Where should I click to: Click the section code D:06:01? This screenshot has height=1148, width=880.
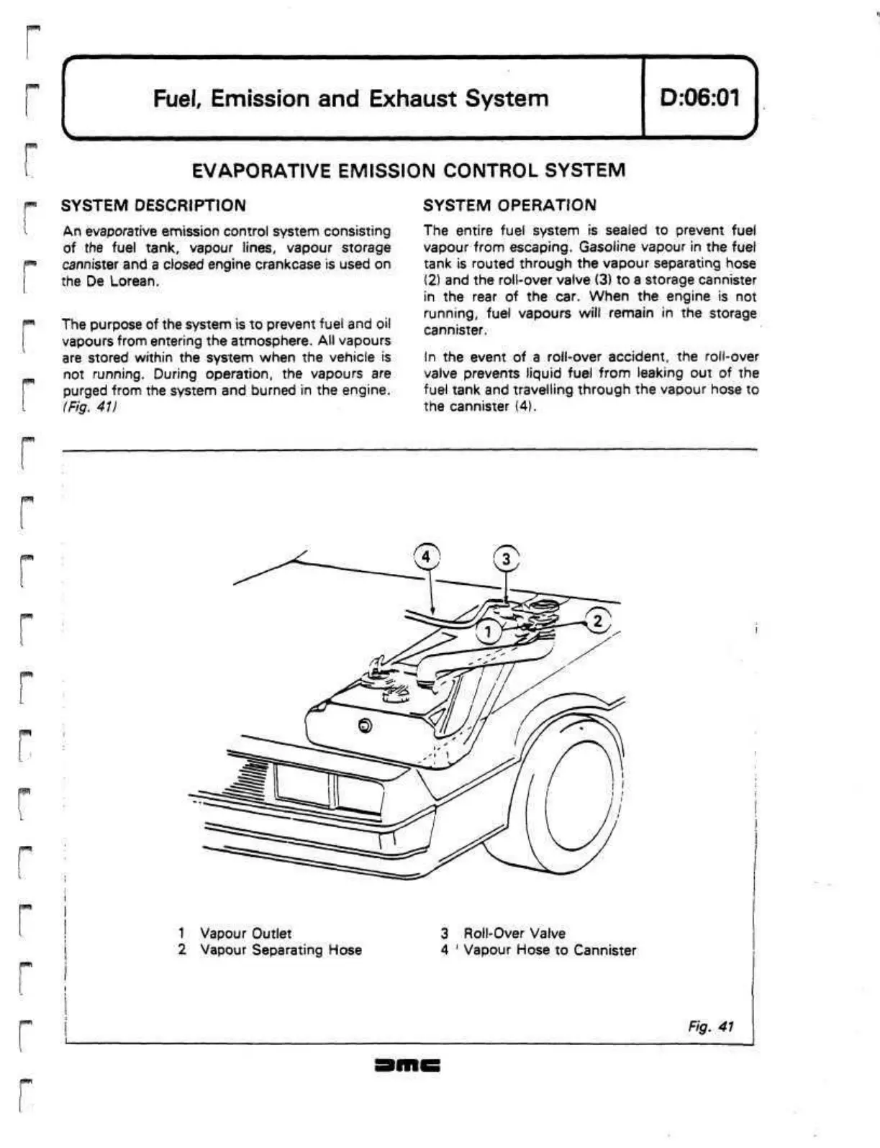pos(699,97)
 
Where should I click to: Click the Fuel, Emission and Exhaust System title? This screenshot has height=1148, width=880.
pos(350,98)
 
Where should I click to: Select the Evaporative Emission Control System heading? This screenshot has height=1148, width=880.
pos(409,170)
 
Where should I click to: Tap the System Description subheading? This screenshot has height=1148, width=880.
pos(153,206)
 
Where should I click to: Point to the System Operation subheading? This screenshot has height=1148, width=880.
pos(509,206)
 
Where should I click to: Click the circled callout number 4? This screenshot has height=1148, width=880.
pos(427,557)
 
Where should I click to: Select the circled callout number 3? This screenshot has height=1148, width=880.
pos(506,559)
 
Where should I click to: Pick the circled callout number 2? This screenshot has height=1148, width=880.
pos(597,621)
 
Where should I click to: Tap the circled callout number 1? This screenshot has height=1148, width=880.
pos(489,632)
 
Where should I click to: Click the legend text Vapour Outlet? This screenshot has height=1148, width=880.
pos(245,934)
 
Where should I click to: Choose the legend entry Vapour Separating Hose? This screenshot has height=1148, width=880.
pos(281,950)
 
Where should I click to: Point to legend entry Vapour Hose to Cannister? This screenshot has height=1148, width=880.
pos(550,950)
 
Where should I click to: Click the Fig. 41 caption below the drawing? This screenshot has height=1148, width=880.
pos(710,1026)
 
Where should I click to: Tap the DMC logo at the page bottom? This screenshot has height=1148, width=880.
pos(407,1065)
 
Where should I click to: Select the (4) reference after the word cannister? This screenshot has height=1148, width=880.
pos(523,407)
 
